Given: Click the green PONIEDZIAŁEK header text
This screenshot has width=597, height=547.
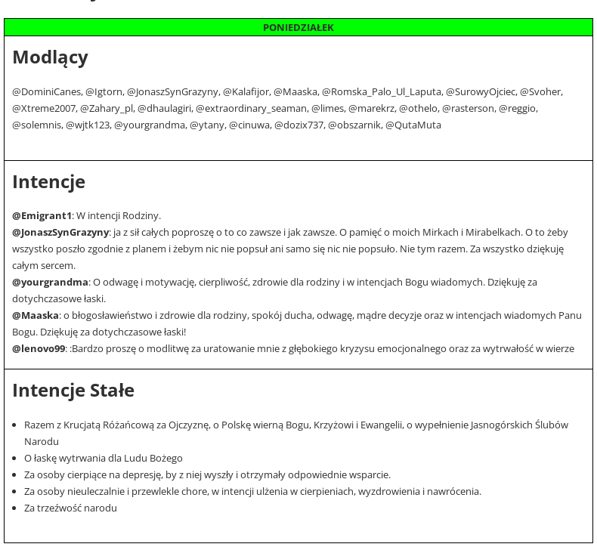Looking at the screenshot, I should tap(298, 28).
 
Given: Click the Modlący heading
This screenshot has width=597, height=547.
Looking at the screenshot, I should tap(50, 57).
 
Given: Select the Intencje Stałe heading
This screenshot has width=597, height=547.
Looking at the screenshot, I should tap(73, 391).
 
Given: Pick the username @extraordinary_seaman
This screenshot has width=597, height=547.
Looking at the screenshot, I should tap(251, 109).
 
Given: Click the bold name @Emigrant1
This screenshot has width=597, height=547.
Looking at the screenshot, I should tap(42, 216).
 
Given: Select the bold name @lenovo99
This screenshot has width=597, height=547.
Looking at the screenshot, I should tap(39, 349).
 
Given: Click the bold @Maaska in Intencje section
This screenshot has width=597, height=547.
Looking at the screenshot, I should tap(35, 316).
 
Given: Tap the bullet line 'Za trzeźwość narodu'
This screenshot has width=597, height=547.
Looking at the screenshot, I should tap(70, 508).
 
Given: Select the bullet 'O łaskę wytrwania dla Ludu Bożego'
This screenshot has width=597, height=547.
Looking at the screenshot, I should tap(104, 459).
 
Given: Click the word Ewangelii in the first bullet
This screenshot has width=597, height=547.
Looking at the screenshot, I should tap(379, 425).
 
